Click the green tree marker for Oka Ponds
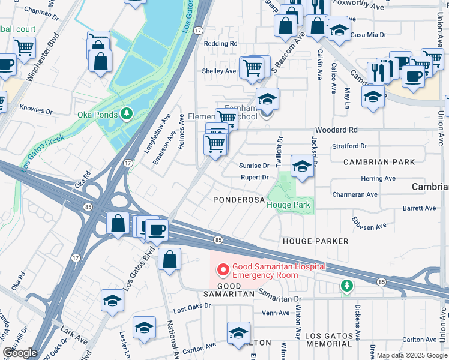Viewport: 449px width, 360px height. (126, 113)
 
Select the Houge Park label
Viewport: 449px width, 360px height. (288, 205)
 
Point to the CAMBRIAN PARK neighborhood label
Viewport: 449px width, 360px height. (379, 163)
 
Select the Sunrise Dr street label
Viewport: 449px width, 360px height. (255, 166)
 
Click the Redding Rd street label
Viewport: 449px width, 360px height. (220, 44)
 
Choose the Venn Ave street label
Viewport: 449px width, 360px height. (276, 313)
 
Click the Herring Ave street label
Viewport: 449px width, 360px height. (378, 179)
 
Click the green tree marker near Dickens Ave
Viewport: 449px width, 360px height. (346, 286)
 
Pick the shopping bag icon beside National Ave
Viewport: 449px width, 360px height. (170, 260)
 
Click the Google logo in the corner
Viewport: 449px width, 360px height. (20, 353)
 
